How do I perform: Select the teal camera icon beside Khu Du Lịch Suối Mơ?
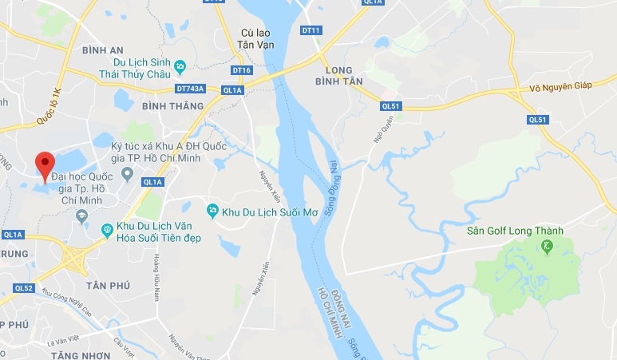click(x=212, y=211)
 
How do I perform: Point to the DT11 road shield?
click(x=310, y=30)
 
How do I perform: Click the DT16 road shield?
click(x=242, y=70)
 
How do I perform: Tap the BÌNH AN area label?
click(x=103, y=50)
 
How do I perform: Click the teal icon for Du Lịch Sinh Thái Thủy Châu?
click(x=180, y=66)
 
